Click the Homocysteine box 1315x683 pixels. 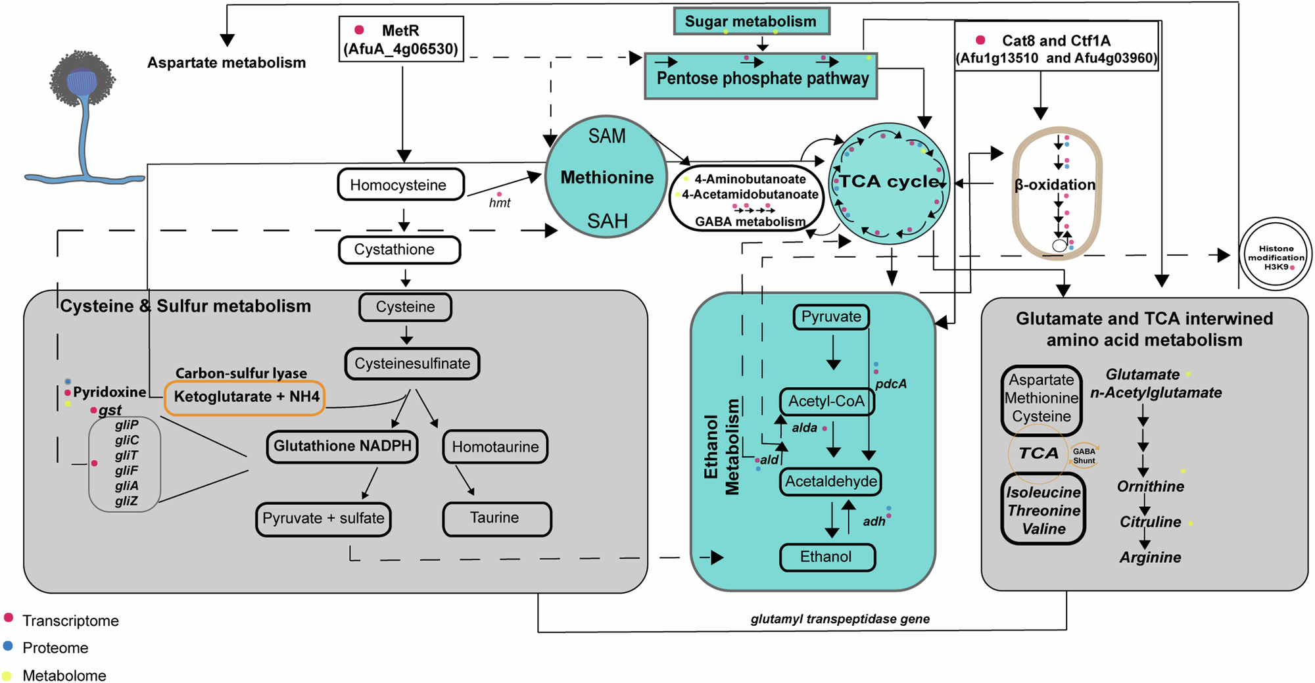pos(400,185)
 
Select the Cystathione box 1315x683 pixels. pos(399,250)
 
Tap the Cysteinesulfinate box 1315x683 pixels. pos(412,364)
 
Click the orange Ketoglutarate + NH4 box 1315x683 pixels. pos(245,397)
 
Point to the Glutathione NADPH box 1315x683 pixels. pos(342,446)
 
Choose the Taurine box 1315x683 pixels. pos(496,519)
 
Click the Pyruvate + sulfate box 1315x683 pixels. pos(323,519)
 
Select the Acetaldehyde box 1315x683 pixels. pos(830,482)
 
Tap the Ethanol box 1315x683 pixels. pos(826,557)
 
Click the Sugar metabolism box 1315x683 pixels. pos(751,21)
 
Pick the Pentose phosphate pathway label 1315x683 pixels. pos(761,78)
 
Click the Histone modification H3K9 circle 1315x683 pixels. pos(1275,254)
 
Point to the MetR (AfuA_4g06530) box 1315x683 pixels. pos(400,39)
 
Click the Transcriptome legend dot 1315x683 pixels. pos(9,617)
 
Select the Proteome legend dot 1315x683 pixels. pos(8,646)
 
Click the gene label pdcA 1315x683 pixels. pos(890,384)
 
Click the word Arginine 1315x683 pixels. pos(1150,557)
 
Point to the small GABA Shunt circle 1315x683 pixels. pos(1084,456)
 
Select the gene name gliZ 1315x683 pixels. pos(126,501)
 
